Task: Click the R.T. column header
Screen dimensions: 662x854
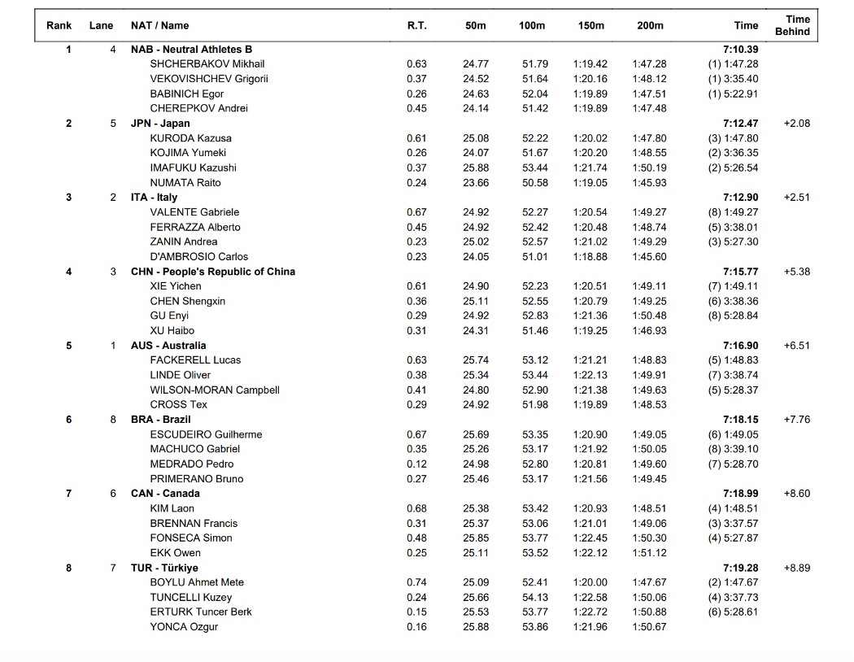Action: point(416,25)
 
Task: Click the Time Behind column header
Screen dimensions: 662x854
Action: point(797,25)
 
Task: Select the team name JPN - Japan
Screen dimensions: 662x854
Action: point(160,124)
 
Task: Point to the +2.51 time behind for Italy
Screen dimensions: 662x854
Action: point(796,198)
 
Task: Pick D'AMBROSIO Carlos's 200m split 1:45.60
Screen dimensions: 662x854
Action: point(649,257)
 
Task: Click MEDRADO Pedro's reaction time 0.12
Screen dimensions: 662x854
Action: point(416,464)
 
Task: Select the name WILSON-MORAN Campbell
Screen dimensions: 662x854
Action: point(215,390)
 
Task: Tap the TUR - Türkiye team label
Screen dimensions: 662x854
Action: point(164,568)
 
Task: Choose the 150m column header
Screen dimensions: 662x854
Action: point(591,25)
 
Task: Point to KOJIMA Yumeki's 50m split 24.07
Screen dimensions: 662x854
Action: point(476,153)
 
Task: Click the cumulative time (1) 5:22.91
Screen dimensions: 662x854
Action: point(733,94)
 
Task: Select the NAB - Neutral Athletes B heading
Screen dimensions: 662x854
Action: point(191,50)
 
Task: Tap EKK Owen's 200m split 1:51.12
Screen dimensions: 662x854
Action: point(649,553)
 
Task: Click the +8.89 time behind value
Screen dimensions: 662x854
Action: point(796,568)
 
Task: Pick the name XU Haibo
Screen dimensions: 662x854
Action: point(172,331)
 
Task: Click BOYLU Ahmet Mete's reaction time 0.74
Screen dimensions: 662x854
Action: point(416,582)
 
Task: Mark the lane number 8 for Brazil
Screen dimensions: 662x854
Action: point(113,420)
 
